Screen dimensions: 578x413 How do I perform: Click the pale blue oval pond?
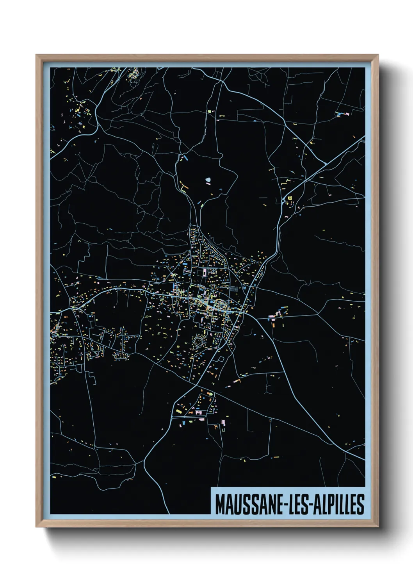[x=208, y=180]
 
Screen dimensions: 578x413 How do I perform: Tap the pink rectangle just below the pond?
[x=211, y=193]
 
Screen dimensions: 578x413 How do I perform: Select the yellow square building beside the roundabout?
[x=290, y=198]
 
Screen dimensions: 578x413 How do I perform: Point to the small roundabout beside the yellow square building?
[x=283, y=201]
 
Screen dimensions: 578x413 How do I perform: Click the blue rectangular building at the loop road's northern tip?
[x=185, y=159]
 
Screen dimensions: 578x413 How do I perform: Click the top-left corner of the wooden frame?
[x=36, y=55]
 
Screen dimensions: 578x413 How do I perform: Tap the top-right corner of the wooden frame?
[x=378, y=55]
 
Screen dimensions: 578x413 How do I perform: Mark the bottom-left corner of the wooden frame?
[x=36, y=527]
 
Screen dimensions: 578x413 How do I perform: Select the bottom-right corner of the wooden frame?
[x=378, y=527]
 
